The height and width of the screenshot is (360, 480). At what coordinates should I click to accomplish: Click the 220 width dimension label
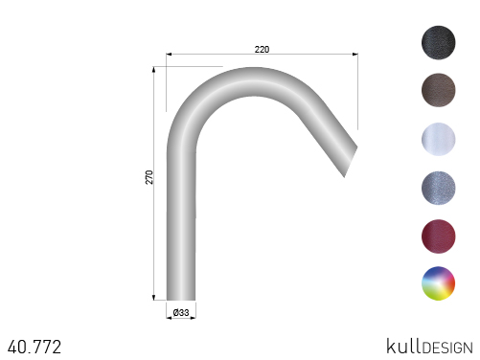(x=262, y=50)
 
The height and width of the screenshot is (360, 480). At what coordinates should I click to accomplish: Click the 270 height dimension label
(x=149, y=177)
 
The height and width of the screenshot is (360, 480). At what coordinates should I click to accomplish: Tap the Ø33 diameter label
(x=181, y=312)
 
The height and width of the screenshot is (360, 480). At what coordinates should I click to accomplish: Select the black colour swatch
(x=439, y=42)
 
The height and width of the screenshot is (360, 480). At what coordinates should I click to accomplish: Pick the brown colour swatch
(x=439, y=90)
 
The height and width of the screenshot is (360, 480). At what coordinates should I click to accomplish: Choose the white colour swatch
(x=439, y=139)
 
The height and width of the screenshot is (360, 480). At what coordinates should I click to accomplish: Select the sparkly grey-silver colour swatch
(x=439, y=188)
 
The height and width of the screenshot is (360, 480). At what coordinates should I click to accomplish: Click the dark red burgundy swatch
(x=439, y=236)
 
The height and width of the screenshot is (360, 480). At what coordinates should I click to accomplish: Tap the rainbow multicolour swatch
(x=439, y=283)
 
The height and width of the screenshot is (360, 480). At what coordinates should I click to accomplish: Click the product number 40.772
(x=34, y=347)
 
